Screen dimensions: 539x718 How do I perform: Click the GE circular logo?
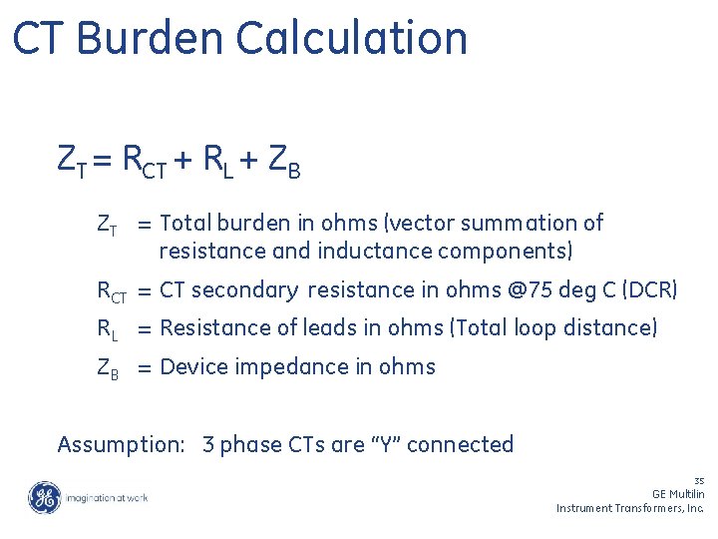point(44,497)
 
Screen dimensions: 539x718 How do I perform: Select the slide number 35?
point(699,480)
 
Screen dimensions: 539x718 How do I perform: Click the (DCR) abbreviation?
point(649,290)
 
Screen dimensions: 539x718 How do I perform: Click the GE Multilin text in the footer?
point(678,494)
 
